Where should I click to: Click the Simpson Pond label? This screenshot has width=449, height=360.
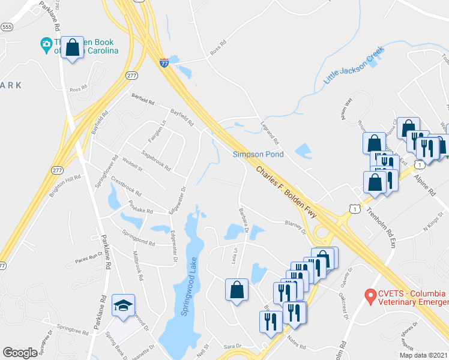click(x=258, y=155)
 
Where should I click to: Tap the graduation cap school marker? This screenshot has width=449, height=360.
click(x=123, y=306)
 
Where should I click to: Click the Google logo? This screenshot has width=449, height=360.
click(x=20, y=353)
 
